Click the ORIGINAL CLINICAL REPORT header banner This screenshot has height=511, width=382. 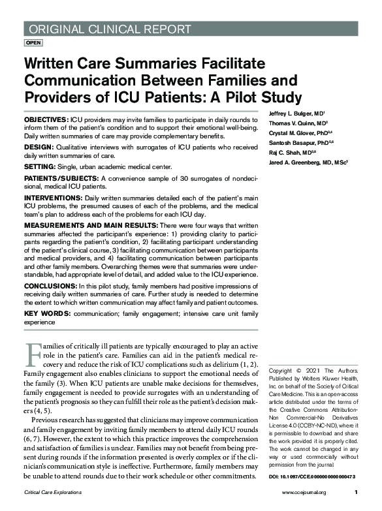[108, 28]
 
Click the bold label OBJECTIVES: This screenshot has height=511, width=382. [45, 121]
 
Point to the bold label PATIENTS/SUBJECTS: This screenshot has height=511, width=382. [61, 178]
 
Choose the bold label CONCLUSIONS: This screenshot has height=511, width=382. [49, 286]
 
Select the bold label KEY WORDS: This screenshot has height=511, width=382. [44, 314]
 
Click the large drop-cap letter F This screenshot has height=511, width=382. [33, 354]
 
